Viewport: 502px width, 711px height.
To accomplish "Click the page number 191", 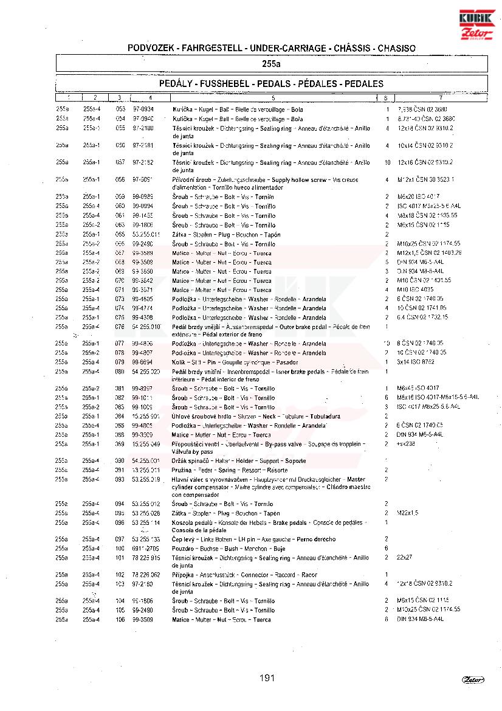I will click(267, 678).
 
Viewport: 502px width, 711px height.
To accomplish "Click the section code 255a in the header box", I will click(271, 63).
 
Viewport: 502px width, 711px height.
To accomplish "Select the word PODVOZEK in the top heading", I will click(152, 47).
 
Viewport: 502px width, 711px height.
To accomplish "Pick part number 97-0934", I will click(143, 109).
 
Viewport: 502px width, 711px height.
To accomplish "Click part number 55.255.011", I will click(146, 234).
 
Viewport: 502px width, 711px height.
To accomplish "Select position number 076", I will click(120, 327).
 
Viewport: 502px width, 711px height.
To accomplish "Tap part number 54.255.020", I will click(146, 371).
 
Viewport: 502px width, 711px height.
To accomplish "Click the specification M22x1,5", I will click(407, 513).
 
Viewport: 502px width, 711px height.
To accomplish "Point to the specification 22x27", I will click(405, 557).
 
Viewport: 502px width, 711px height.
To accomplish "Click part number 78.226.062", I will click(146, 574).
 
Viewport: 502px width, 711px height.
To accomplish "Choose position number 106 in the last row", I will click(120, 619).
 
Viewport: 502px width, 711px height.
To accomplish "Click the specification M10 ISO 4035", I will click(416, 290).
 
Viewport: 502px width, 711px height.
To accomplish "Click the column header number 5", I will click(273, 98).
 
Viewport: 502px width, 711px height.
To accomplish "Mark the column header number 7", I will click(441, 98).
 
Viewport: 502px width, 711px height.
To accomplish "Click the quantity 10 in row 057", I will click(387, 162).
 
